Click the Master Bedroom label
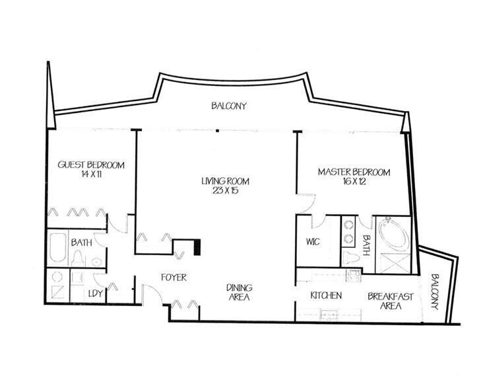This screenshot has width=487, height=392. coord(354,172)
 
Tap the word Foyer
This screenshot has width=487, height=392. coord(173,278)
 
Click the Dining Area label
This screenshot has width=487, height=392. coord(239,292)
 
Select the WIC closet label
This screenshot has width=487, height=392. coord(313,242)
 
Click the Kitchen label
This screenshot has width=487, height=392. coord(326,295)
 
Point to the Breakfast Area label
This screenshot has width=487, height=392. coord(391,301)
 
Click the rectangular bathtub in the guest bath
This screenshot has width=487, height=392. coord(57,248)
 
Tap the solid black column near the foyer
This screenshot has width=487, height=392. coord(197,247)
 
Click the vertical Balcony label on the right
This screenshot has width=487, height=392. coord(434,293)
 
